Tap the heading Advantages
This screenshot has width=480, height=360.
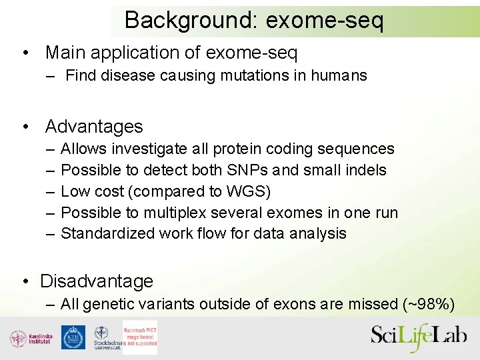click(x=94, y=126)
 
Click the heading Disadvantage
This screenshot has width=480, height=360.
click(x=97, y=281)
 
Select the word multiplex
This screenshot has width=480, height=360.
click(x=178, y=213)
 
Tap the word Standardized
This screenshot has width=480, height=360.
click(x=107, y=233)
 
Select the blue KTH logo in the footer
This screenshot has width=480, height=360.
click(x=73, y=337)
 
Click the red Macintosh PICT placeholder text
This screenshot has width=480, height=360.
click(x=140, y=337)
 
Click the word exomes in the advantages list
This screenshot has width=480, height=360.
click(x=301, y=213)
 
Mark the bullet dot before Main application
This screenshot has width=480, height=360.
click(x=25, y=53)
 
